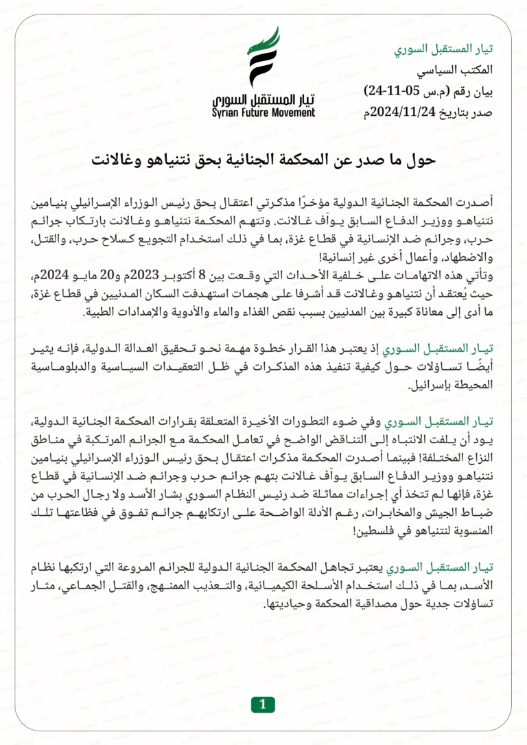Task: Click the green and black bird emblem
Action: tap(263, 58)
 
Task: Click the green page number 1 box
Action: tap(263, 704)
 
